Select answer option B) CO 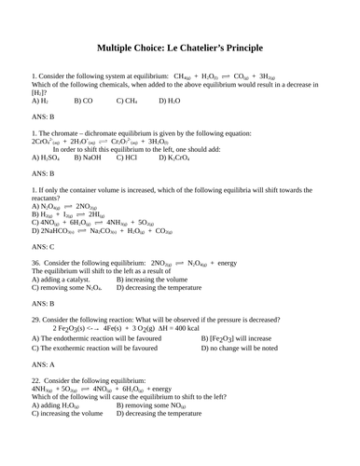(84, 100)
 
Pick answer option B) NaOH (89, 158)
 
